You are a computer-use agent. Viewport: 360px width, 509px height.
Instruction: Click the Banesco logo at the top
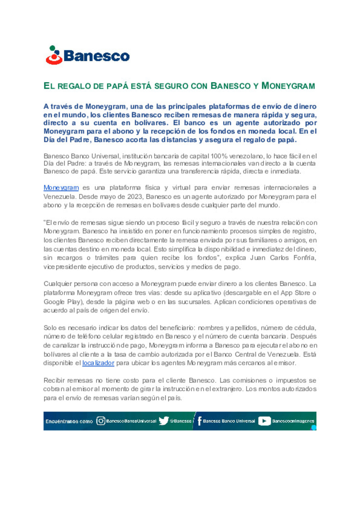point(87,55)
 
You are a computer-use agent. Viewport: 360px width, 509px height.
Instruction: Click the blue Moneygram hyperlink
point(61,188)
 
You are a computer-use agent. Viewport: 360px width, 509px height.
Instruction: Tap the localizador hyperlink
point(98,363)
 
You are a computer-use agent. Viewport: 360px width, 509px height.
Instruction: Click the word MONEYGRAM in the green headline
point(288,86)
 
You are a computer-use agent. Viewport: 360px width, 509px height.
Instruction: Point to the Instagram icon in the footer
point(100,421)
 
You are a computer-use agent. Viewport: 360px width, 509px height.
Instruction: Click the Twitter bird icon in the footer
point(163,421)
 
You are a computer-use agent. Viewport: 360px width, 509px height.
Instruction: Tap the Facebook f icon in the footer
point(199,421)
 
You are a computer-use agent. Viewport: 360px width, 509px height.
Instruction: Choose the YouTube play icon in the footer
point(264,421)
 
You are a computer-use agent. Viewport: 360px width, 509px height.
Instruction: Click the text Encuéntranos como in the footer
point(69,421)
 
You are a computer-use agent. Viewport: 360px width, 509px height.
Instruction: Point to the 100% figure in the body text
point(219,156)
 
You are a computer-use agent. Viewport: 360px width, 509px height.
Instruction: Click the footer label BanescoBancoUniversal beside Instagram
point(131,421)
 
